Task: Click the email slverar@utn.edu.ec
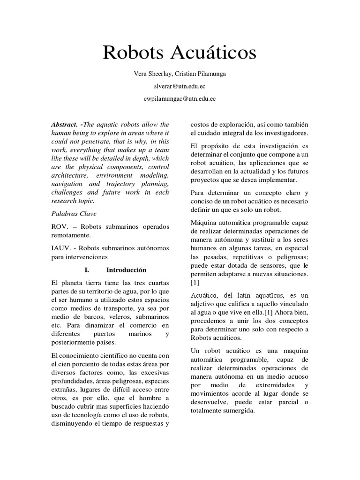point(180,87)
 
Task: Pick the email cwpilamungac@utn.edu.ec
point(180,99)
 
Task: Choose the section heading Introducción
point(126,270)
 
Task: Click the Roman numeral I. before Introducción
point(86,270)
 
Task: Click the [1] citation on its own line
point(195,283)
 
